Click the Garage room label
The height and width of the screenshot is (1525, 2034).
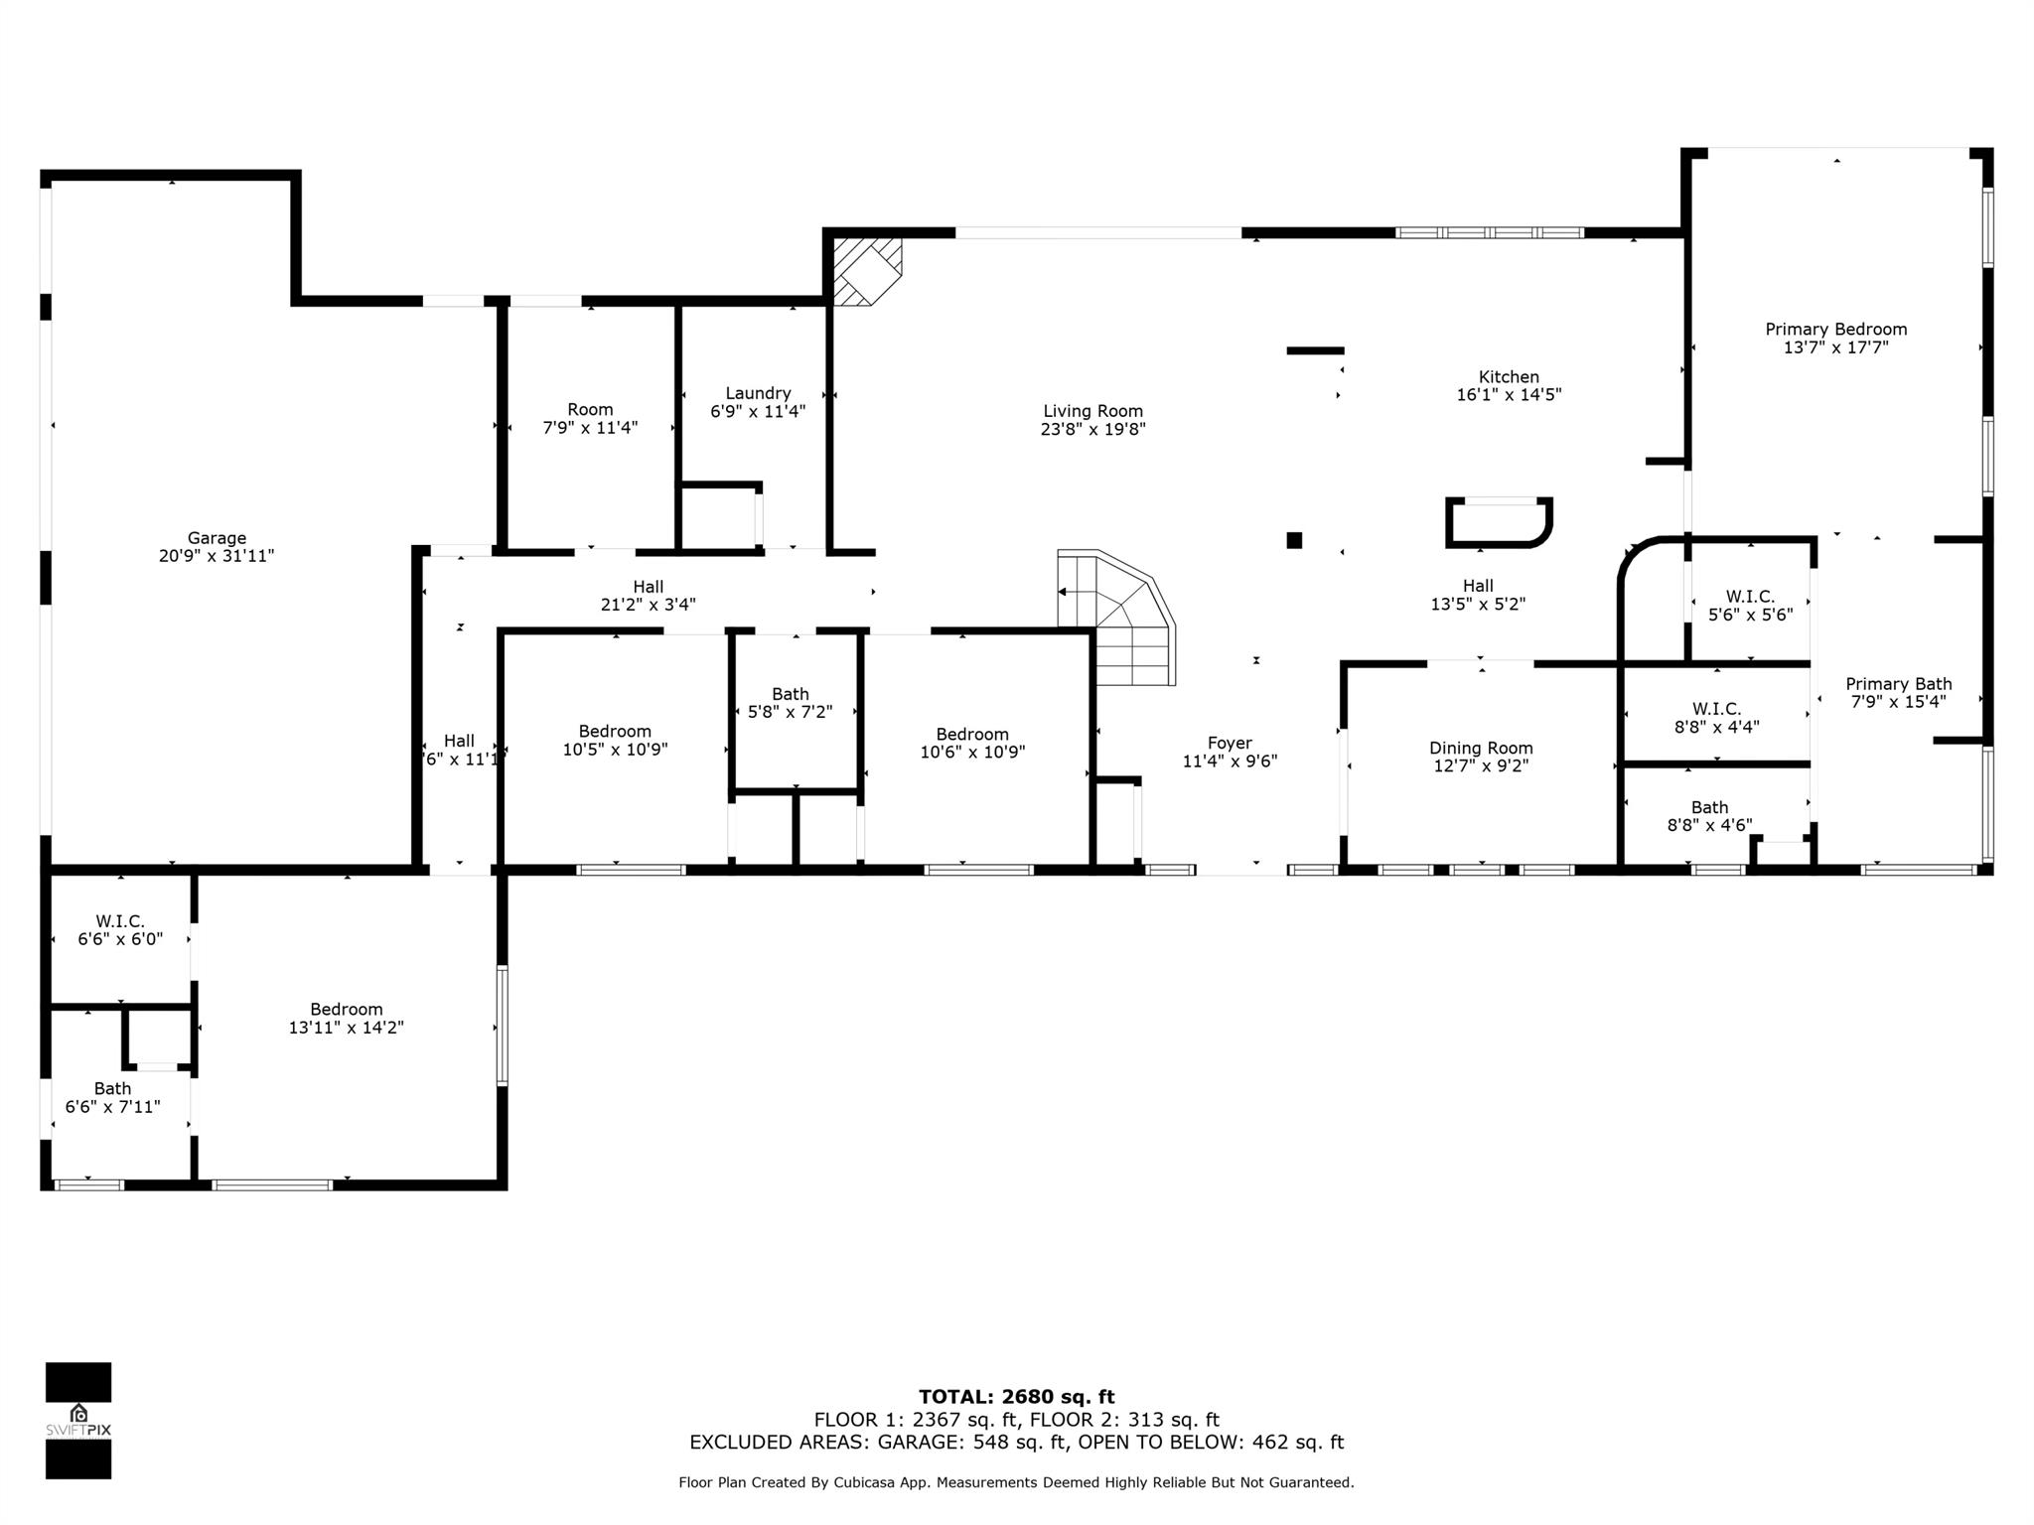click(x=217, y=538)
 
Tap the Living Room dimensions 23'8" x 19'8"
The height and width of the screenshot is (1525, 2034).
click(x=1092, y=429)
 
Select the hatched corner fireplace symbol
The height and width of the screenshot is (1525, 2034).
click(x=865, y=269)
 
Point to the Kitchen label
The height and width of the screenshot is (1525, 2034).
click(x=1509, y=376)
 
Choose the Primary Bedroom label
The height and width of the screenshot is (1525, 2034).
click(x=1835, y=329)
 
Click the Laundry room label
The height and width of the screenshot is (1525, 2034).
click(x=758, y=393)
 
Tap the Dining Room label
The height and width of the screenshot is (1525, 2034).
click(x=1481, y=748)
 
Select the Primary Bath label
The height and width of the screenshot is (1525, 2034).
click(x=1898, y=683)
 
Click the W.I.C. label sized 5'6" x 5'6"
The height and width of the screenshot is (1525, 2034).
click(x=1750, y=597)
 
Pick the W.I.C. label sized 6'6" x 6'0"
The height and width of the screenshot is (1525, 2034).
click(x=120, y=921)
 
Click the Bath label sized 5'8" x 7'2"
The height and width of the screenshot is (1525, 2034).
click(x=791, y=694)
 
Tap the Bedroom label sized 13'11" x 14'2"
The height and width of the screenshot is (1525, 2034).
click(x=346, y=1009)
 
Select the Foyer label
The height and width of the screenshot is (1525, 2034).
click(x=1230, y=743)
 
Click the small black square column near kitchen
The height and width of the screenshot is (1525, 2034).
click(x=1294, y=540)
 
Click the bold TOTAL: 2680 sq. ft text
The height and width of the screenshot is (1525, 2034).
click(x=1016, y=1397)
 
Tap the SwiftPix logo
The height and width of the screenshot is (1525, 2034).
click(x=78, y=1420)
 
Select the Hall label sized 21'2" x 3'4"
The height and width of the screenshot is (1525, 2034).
click(x=648, y=587)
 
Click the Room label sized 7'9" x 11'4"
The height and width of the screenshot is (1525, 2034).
click(x=590, y=409)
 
